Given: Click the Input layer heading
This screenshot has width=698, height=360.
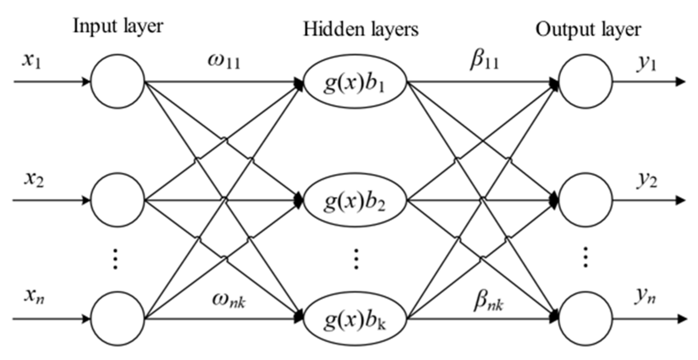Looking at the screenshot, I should (118, 26).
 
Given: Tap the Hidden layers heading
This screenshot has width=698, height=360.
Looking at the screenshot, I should (360, 30).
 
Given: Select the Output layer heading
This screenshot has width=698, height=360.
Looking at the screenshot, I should (588, 30).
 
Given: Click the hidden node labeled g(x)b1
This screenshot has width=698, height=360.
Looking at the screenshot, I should (355, 81).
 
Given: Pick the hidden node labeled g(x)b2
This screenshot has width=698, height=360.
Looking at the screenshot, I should (355, 200).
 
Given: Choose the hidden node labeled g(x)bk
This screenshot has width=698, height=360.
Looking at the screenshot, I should (355, 318).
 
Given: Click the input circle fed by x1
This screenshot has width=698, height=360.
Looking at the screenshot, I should (118, 81).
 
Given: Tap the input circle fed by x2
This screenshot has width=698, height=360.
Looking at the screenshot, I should (118, 200).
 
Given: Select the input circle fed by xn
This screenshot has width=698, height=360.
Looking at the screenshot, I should (118, 318).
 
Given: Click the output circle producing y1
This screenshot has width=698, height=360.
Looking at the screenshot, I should (585, 81).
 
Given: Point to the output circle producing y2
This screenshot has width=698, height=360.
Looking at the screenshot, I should (585, 200).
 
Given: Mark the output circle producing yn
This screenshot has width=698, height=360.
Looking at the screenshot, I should (585, 318).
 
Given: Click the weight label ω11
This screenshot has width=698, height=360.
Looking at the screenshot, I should (224, 62).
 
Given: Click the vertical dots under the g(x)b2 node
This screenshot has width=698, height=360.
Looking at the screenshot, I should (356, 259).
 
